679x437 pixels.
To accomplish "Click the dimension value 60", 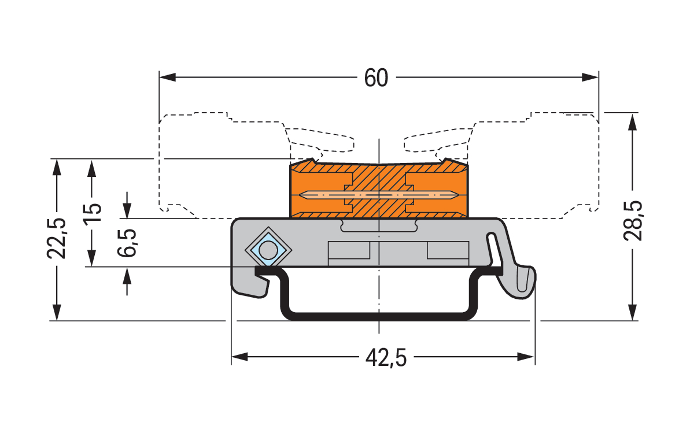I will click(376, 77).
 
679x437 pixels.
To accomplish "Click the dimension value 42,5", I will click(386, 358).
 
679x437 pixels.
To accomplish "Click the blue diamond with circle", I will click(268, 250).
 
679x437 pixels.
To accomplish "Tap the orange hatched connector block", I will click(379, 191).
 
